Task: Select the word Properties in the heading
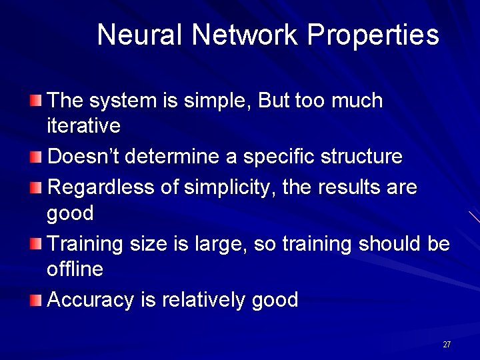[x=373, y=35]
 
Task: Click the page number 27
[x=447, y=345]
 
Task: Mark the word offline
[x=75, y=269]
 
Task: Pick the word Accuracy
[x=91, y=301]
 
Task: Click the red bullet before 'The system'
[x=36, y=101]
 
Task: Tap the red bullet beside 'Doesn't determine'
[x=36, y=157]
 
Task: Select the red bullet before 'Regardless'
[x=36, y=188]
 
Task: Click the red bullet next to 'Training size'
[x=36, y=245]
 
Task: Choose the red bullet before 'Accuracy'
[x=36, y=301]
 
